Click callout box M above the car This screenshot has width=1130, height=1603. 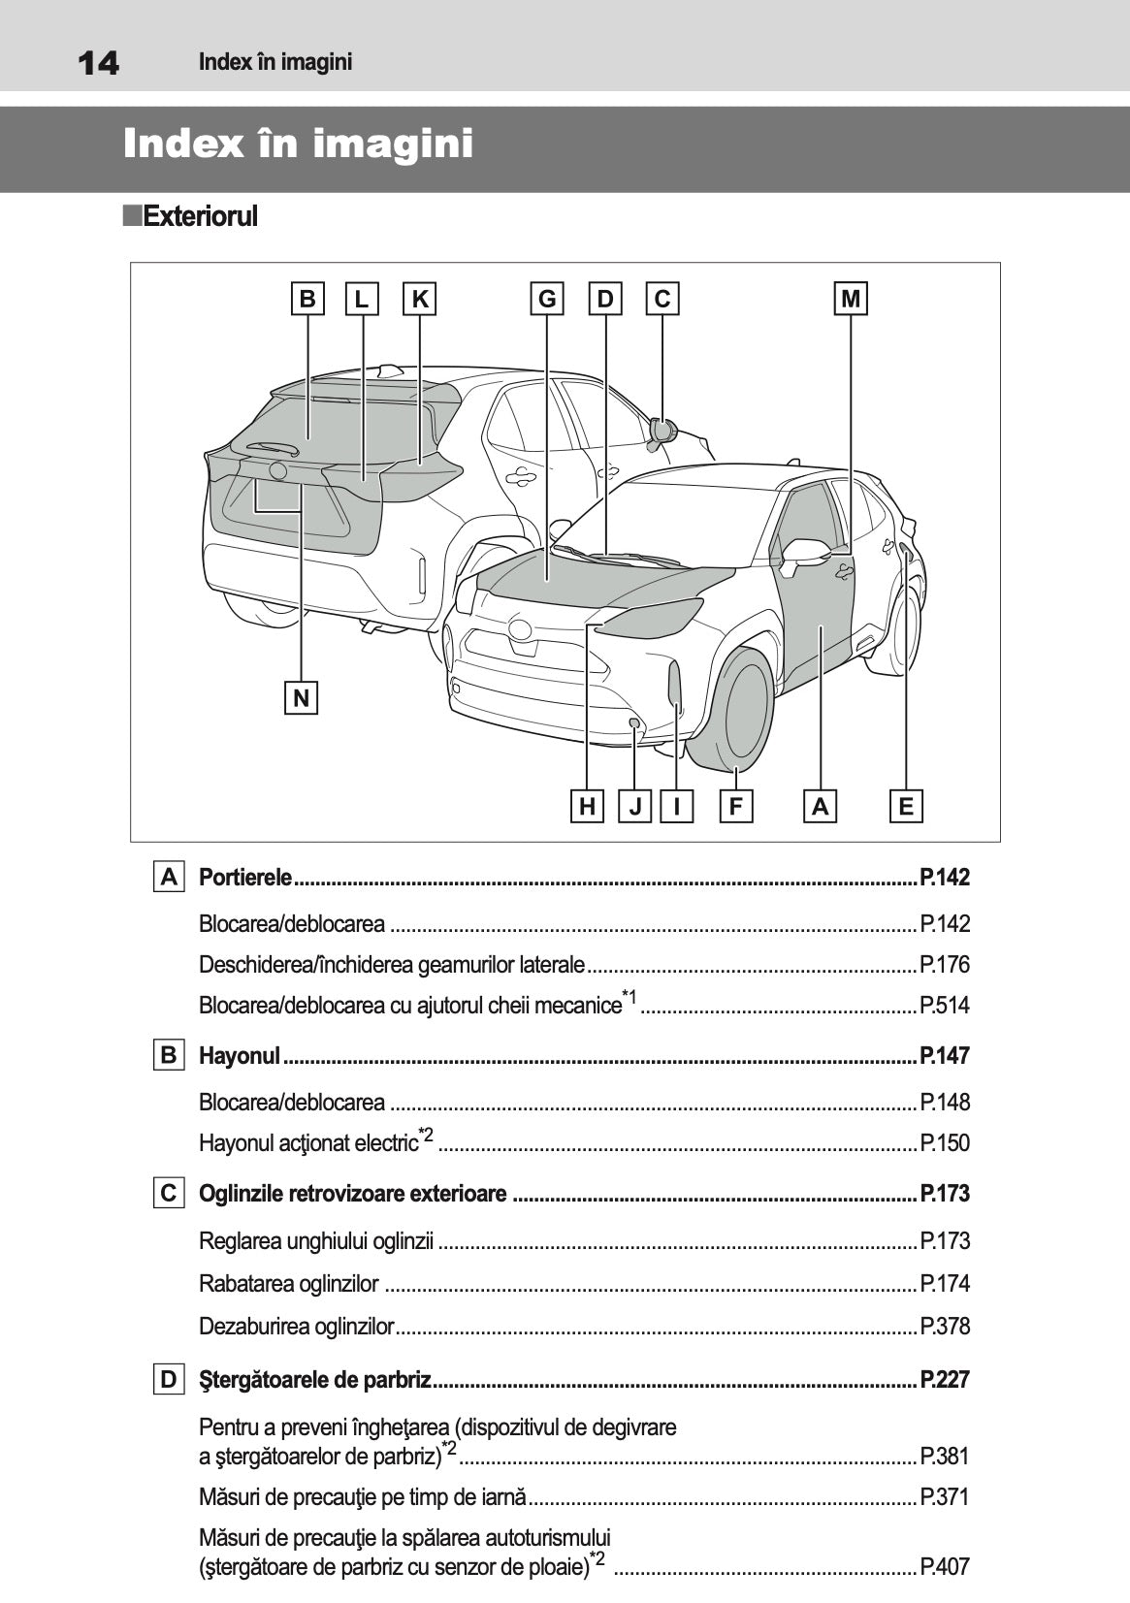tap(851, 299)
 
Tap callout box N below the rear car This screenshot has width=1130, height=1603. tap(302, 697)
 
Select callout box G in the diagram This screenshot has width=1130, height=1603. tap(547, 299)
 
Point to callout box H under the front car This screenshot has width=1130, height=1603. tap(587, 806)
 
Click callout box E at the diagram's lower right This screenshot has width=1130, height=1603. tap(906, 806)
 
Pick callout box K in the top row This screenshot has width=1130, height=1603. tap(420, 299)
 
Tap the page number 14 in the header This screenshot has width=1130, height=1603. tap(98, 64)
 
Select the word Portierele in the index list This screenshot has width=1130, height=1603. tap(245, 878)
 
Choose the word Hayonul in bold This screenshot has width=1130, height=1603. tap(240, 1055)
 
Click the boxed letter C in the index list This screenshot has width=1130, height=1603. tap(169, 1193)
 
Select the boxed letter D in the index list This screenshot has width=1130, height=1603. tap(169, 1379)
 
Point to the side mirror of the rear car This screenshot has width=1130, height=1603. tap(662, 430)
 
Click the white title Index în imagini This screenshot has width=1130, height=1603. tap(298, 144)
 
